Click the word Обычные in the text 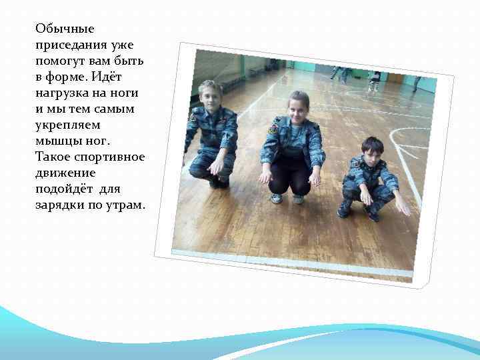point(65,29)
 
